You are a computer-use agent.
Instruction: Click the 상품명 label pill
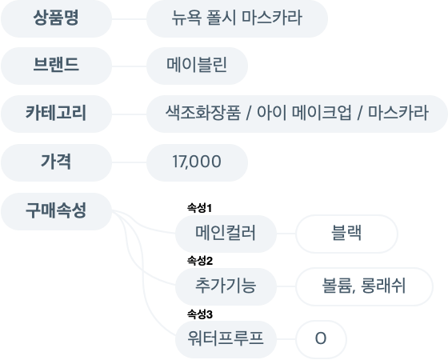56,18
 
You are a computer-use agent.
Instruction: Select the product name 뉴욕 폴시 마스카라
237,18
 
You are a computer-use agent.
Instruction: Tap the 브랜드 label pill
56,66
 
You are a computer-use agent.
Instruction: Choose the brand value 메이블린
197,66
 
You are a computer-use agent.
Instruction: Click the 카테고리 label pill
56,114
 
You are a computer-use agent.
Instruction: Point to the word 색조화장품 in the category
203,113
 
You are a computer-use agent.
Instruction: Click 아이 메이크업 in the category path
304,113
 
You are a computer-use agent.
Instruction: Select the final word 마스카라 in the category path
398,113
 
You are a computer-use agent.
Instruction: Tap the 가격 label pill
56,162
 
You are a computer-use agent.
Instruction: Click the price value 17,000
197,162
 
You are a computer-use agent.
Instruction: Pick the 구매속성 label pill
56,211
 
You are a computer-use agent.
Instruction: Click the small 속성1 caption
199,208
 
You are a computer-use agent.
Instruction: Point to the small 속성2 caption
200,261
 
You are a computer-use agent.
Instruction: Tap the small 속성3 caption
200,314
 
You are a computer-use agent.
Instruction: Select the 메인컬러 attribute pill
226,234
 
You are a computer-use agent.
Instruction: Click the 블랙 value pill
346,234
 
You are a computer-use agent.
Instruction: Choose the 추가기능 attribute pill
226,286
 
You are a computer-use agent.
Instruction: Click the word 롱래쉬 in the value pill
383,286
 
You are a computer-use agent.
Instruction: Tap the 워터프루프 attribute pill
226,339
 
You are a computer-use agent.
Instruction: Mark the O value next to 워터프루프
321,339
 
